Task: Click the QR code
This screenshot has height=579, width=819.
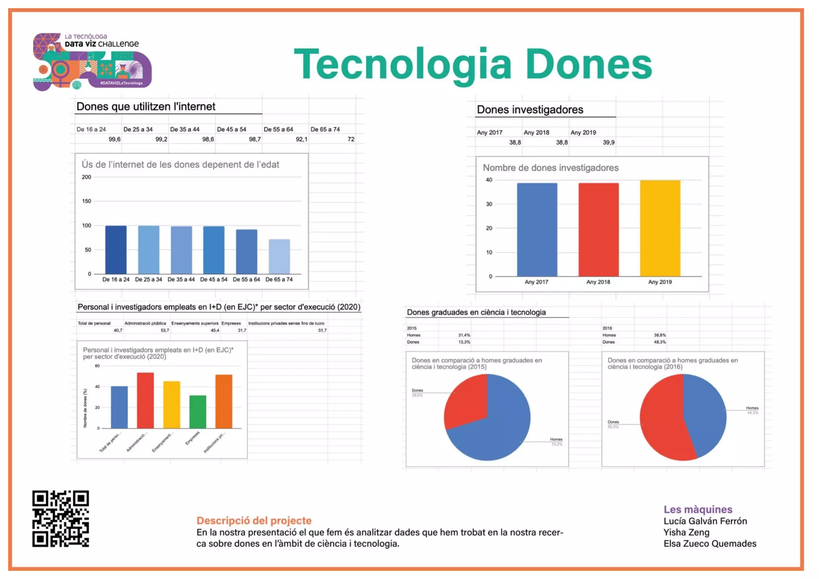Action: (60, 518)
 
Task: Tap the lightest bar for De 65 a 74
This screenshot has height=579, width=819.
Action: (279, 256)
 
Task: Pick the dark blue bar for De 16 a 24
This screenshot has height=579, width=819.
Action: (116, 250)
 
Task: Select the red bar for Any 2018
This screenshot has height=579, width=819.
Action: (598, 230)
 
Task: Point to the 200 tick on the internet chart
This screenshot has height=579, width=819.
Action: (86, 177)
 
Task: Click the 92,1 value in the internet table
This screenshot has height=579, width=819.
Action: (302, 139)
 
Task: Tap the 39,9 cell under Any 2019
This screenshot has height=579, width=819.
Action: (608, 142)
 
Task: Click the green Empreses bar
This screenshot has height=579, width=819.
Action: (198, 412)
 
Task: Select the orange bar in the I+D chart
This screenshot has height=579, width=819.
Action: (224, 401)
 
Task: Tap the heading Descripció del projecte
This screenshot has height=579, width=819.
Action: (254, 520)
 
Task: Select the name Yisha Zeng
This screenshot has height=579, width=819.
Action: (686, 532)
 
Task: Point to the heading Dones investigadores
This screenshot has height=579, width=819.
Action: (530, 110)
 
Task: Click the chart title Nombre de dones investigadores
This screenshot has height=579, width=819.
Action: (550, 168)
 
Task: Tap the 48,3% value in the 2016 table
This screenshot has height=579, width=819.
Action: (659, 342)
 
